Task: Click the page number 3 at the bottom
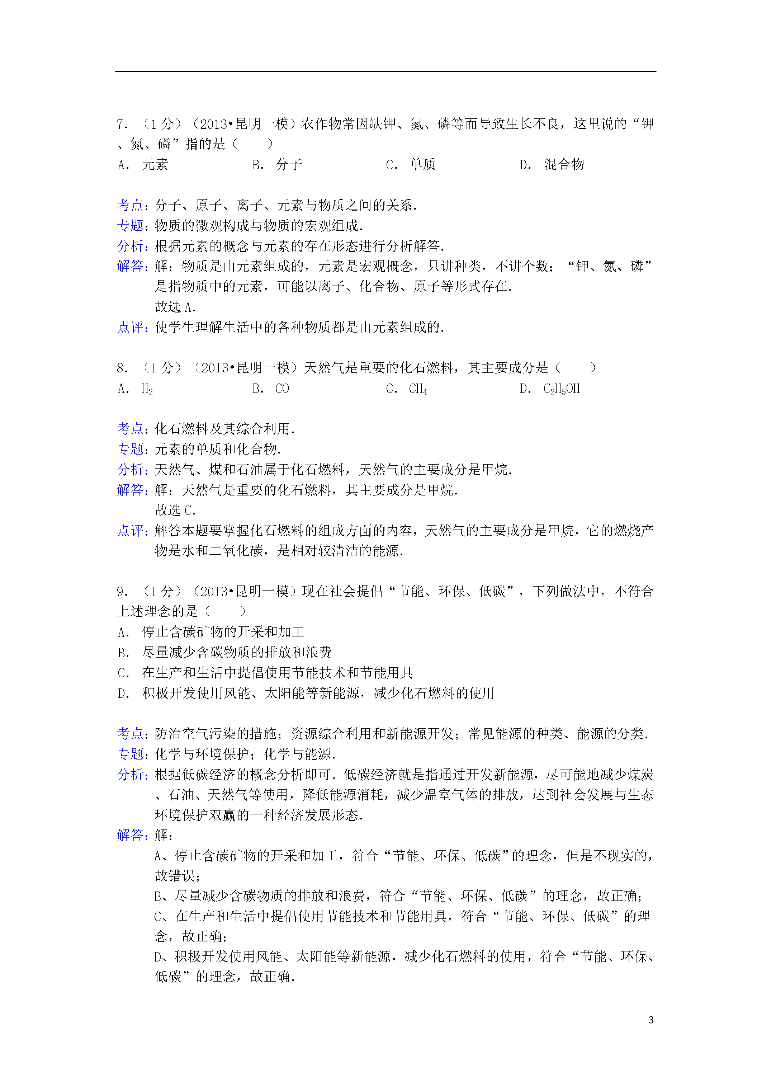click(651, 1020)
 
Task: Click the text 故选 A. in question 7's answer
click(175, 307)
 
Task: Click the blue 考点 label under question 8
click(130, 429)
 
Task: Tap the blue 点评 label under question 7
click(130, 328)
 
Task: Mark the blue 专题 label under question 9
click(130, 754)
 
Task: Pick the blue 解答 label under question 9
click(130, 835)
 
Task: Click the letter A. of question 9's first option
click(123, 633)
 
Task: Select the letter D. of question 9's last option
click(123, 694)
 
